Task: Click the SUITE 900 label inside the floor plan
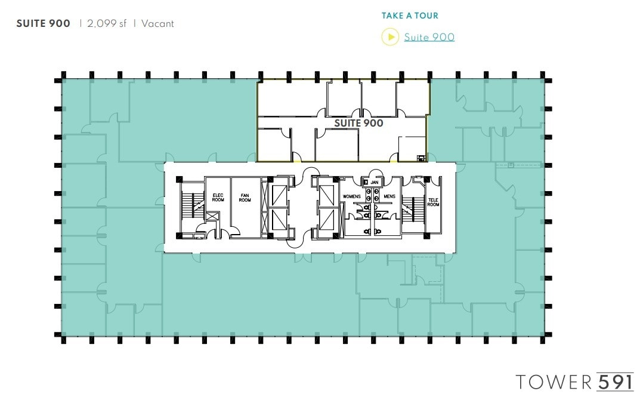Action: pos(358,123)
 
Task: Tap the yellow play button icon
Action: pos(389,37)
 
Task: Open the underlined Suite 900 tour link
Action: pos(429,37)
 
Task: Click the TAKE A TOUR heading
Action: pos(410,16)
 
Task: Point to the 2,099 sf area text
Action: pos(107,24)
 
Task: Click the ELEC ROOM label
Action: pos(218,197)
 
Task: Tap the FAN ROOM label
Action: pos(245,197)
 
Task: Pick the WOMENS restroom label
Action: pos(352,196)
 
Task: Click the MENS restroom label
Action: pos(389,196)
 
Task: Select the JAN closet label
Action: pos(375,182)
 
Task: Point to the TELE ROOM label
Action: pos(433,201)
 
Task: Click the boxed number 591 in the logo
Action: pos(614,382)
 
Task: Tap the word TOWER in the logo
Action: pos(554,382)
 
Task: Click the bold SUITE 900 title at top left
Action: pos(43,24)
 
